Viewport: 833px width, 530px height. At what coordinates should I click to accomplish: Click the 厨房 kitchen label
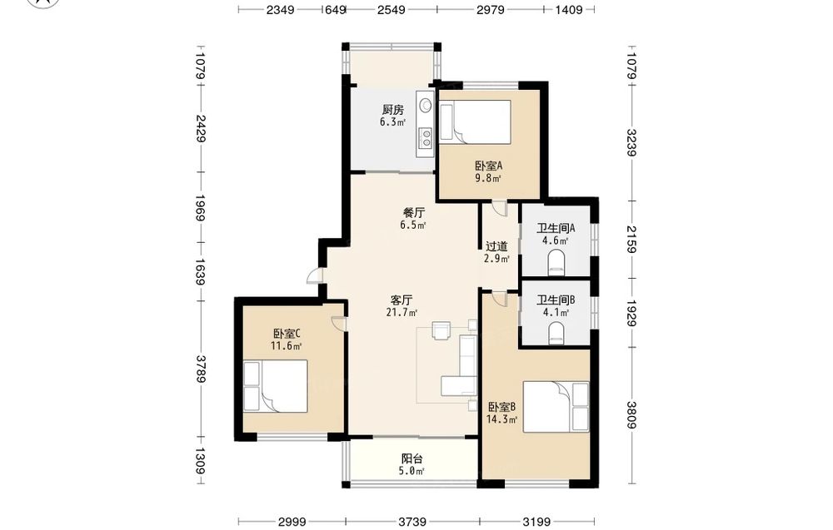tap(392, 110)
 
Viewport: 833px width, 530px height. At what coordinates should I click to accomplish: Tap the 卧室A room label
tap(488, 166)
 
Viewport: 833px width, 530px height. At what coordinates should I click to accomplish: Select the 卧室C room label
tap(287, 334)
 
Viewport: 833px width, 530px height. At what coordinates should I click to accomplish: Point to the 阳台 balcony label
tap(412, 459)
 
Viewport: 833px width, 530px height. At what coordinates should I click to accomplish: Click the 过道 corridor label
tap(496, 247)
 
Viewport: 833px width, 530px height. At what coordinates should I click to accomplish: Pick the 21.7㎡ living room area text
tap(402, 313)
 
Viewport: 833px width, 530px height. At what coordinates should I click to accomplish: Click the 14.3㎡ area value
tap(501, 419)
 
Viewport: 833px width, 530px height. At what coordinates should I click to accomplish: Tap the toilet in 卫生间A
tap(556, 263)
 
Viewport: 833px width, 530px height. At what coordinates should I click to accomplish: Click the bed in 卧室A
tap(475, 121)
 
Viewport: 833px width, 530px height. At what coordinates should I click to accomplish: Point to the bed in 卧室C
tap(276, 386)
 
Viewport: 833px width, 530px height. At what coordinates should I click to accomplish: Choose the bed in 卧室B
tap(556, 407)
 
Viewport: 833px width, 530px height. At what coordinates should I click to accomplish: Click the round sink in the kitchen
tap(425, 106)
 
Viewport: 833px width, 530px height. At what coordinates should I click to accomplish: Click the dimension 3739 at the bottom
tap(412, 522)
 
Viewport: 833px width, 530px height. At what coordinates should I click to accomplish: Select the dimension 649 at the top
tap(336, 9)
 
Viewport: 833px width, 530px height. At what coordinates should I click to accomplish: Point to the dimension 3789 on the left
tap(201, 369)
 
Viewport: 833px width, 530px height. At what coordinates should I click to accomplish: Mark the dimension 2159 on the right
tap(631, 239)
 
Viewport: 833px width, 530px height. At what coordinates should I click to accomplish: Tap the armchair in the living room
tap(441, 329)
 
